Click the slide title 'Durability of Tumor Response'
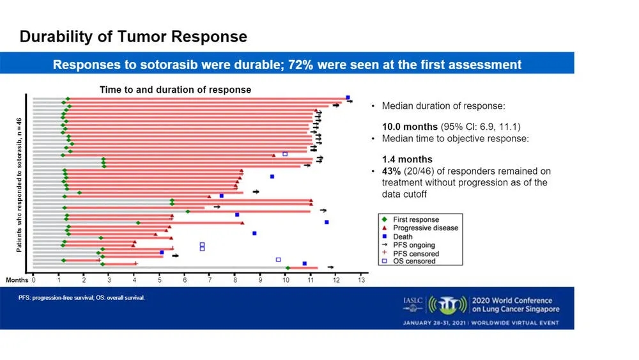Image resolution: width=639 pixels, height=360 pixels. point(133,36)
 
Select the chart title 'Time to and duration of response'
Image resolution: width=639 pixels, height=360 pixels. point(174,90)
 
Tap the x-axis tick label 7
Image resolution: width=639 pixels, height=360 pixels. point(210,279)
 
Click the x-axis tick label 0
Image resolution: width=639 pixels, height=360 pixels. point(33,279)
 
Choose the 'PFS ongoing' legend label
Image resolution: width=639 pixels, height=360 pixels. point(413,244)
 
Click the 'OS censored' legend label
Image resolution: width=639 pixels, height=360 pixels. point(414,261)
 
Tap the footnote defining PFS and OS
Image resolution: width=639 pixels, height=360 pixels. point(82,298)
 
